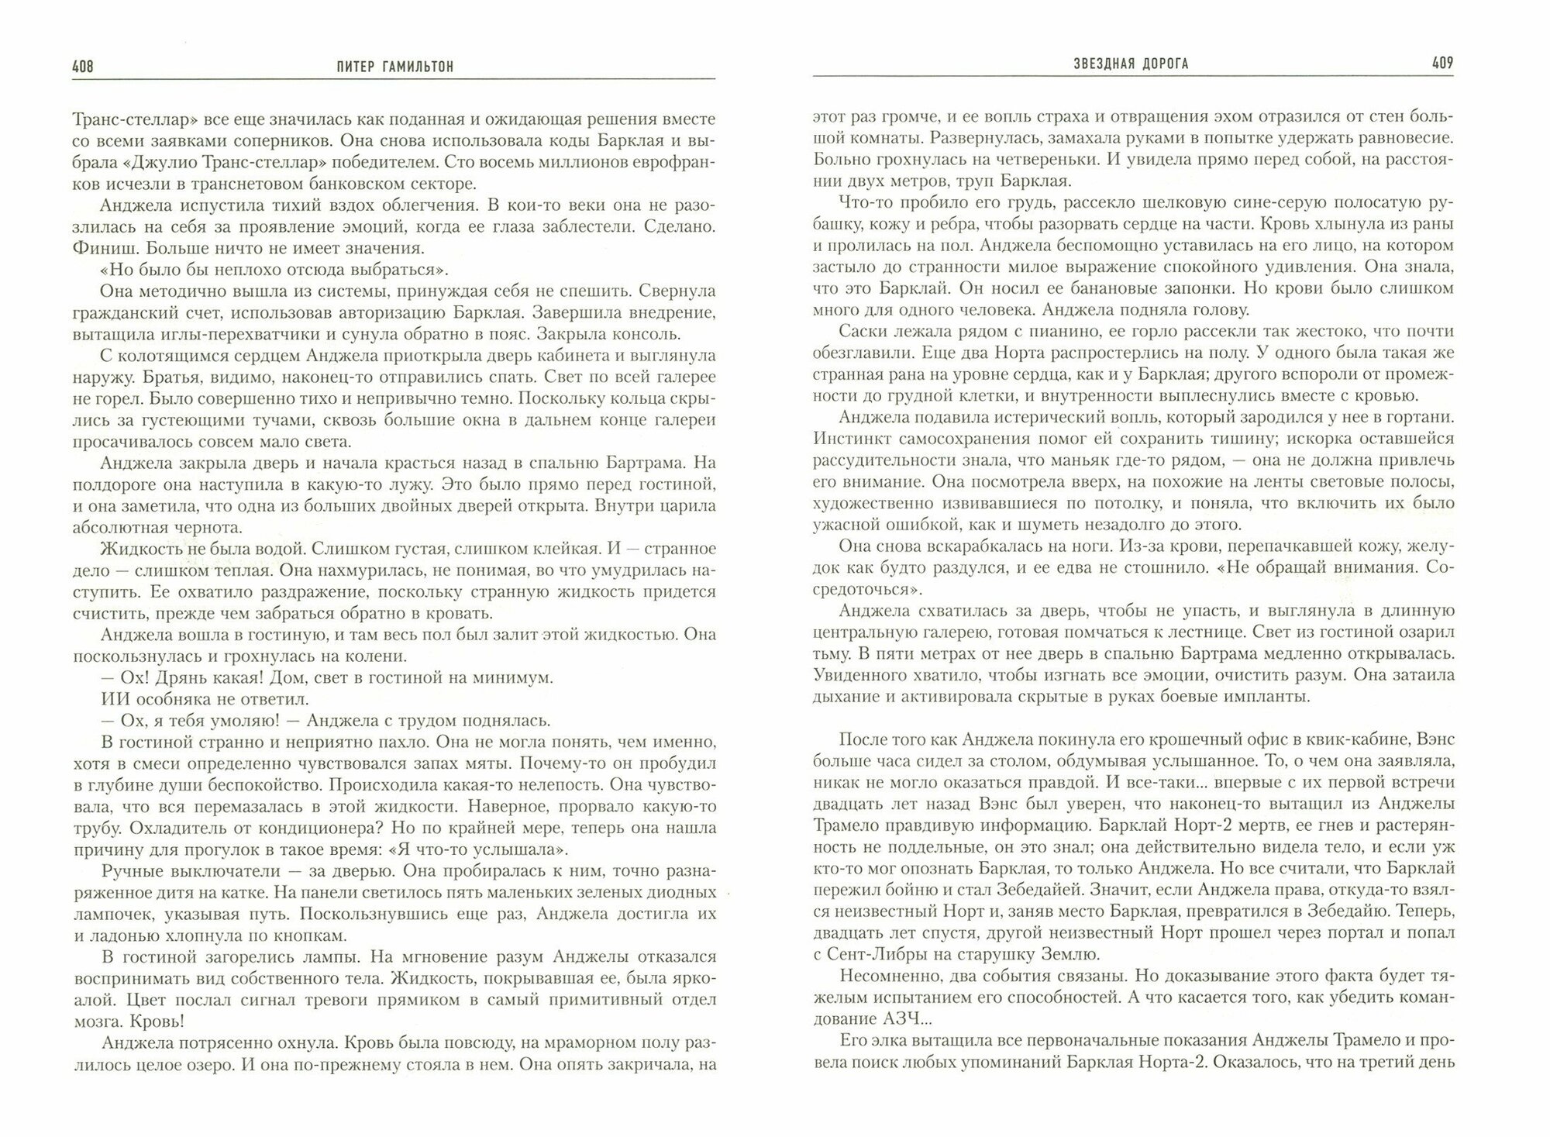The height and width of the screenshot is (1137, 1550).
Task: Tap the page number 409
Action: click(1441, 64)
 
